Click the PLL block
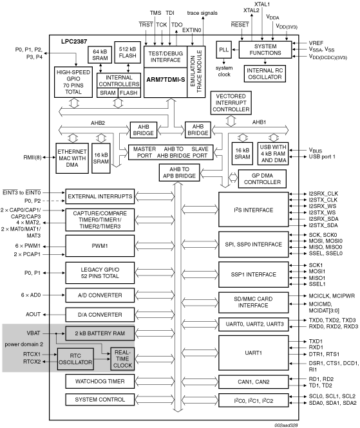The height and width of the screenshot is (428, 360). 223,50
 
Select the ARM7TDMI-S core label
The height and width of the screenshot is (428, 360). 166,80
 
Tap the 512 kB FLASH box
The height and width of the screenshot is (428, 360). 128,52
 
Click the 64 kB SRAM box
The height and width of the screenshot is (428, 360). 100,55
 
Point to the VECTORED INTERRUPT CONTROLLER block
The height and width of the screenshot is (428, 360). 231,103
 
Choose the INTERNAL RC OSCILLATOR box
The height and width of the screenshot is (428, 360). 265,74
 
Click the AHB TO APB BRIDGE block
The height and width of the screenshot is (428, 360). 179,172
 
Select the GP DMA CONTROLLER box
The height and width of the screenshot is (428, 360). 262,179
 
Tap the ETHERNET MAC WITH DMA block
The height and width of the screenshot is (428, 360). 72,158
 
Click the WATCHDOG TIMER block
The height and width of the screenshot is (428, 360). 100,381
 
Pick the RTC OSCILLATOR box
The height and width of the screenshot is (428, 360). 75,359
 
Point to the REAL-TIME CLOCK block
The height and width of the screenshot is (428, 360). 122,359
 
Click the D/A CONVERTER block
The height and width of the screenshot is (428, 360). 100,315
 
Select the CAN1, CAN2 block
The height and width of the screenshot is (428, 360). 254,382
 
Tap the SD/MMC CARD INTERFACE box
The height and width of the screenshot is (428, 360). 254,302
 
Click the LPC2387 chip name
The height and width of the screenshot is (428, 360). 74,41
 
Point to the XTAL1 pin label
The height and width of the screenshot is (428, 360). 262,5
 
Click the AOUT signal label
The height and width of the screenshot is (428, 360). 33,315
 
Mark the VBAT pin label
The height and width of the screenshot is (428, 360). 33,333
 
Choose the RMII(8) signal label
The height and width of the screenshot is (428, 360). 32,158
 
